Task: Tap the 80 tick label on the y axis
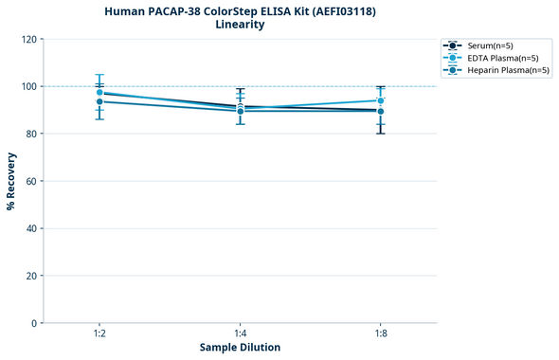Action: [29, 134]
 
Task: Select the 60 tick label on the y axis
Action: [29, 181]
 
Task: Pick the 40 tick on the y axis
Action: [29, 228]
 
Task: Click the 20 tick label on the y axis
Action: [29, 276]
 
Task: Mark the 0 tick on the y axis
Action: [32, 323]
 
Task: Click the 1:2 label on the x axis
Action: [99, 334]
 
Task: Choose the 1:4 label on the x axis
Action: [240, 334]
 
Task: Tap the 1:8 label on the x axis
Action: [380, 334]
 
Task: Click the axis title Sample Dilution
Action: [240, 348]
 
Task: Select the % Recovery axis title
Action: [11, 181]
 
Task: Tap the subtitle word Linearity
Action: [240, 25]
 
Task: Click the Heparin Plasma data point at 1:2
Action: [99, 101]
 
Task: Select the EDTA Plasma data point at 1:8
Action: [380, 100]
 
